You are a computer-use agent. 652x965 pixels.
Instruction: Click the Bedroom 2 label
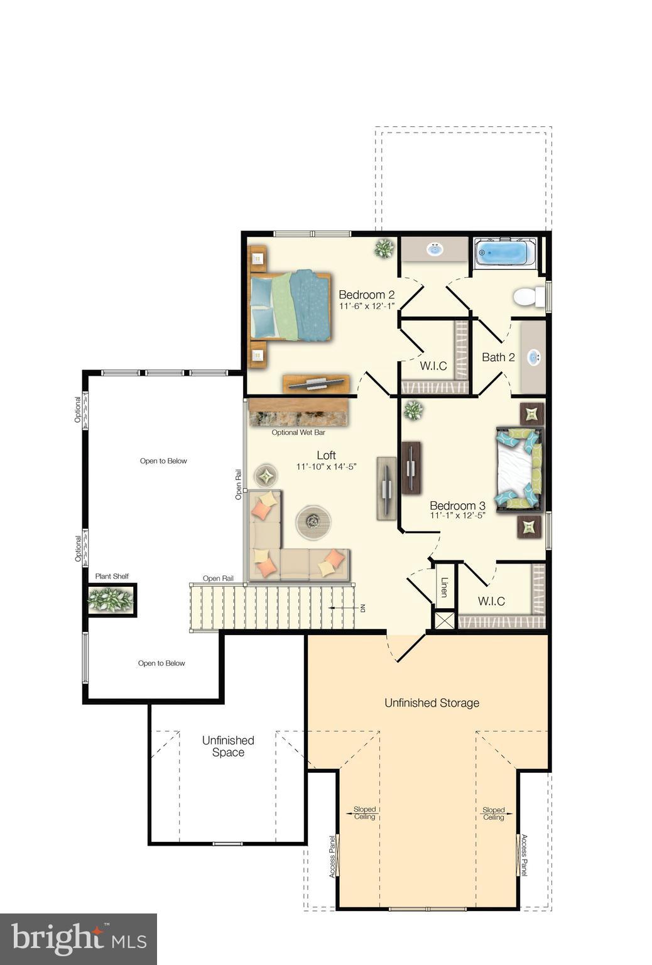[366, 295]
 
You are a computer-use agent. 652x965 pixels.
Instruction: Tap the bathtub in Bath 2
[501, 253]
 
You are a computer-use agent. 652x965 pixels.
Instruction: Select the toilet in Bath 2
[528, 297]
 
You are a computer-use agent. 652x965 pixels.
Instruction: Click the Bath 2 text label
[498, 357]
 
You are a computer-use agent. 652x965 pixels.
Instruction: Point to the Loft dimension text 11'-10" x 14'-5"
[327, 467]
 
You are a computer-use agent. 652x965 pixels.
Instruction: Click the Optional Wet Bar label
[298, 432]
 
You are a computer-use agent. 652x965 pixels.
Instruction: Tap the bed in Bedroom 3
[519, 469]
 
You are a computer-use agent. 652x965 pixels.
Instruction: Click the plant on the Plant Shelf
[111, 599]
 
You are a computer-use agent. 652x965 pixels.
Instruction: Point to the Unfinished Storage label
[432, 703]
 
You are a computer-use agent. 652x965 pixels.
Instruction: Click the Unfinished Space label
[228, 746]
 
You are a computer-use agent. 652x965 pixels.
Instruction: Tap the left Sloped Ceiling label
[364, 813]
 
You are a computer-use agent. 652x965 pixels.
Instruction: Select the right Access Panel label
[524, 855]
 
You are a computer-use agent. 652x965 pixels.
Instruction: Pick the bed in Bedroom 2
[290, 305]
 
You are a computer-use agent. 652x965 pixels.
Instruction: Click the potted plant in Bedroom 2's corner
[383, 249]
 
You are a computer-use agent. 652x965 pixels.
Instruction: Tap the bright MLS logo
[79, 939]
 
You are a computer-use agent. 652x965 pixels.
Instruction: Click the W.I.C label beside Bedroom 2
[433, 366]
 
